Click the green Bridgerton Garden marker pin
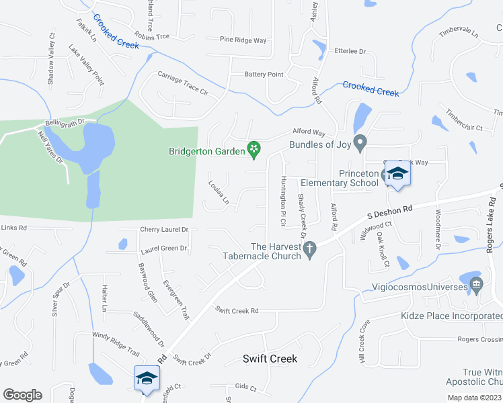click(254, 148)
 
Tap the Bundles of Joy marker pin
click(360, 142)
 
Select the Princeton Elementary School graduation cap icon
click(397, 175)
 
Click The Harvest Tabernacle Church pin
click(309, 251)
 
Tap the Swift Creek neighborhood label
click(269, 359)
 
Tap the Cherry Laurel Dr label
click(163, 229)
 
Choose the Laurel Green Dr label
click(163, 249)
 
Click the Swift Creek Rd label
click(237, 310)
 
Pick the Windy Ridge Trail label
click(116, 343)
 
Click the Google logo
click(22, 394)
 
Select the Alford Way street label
click(308, 133)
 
